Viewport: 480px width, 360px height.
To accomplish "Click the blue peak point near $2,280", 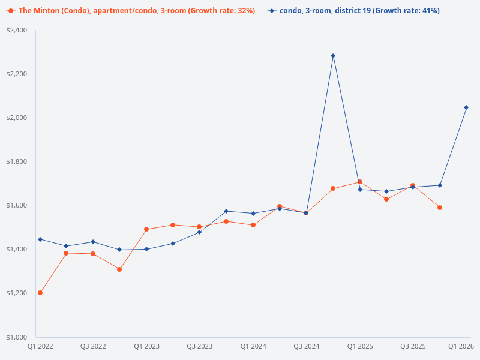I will (x=333, y=56).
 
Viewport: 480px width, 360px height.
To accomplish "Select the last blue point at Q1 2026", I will (x=466, y=107).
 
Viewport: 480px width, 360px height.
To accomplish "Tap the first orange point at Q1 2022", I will (x=40, y=293).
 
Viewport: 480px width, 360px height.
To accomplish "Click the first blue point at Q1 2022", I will (x=40, y=239).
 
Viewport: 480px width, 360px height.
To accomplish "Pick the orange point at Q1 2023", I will (x=146, y=229).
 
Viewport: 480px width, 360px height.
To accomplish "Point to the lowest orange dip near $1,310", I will (x=119, y=269).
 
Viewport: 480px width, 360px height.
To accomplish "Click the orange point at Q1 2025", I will (x=360, y=182).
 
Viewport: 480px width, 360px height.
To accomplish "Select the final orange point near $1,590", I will (x=440, y=208).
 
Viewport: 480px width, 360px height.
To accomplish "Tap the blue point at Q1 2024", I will (x=253, y=214).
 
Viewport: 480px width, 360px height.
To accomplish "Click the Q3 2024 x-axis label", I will (x=307, y=346).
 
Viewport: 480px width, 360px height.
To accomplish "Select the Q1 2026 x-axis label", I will (x=461, y=346).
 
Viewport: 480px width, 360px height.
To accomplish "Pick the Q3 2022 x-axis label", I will (x=93, y=346).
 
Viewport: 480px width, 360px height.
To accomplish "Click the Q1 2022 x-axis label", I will (x=40, y=346).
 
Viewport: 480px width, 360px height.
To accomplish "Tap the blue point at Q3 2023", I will (x=200, y=232).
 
